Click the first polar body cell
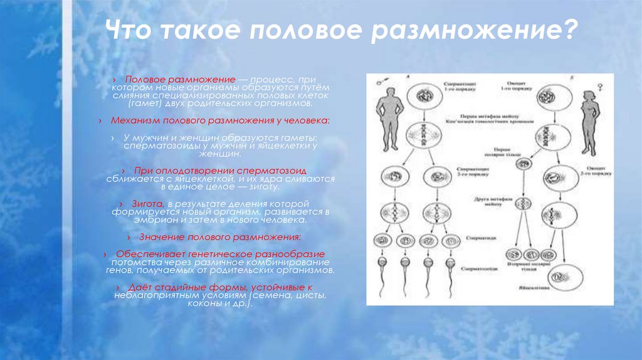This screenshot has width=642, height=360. [x=522, y=164]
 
